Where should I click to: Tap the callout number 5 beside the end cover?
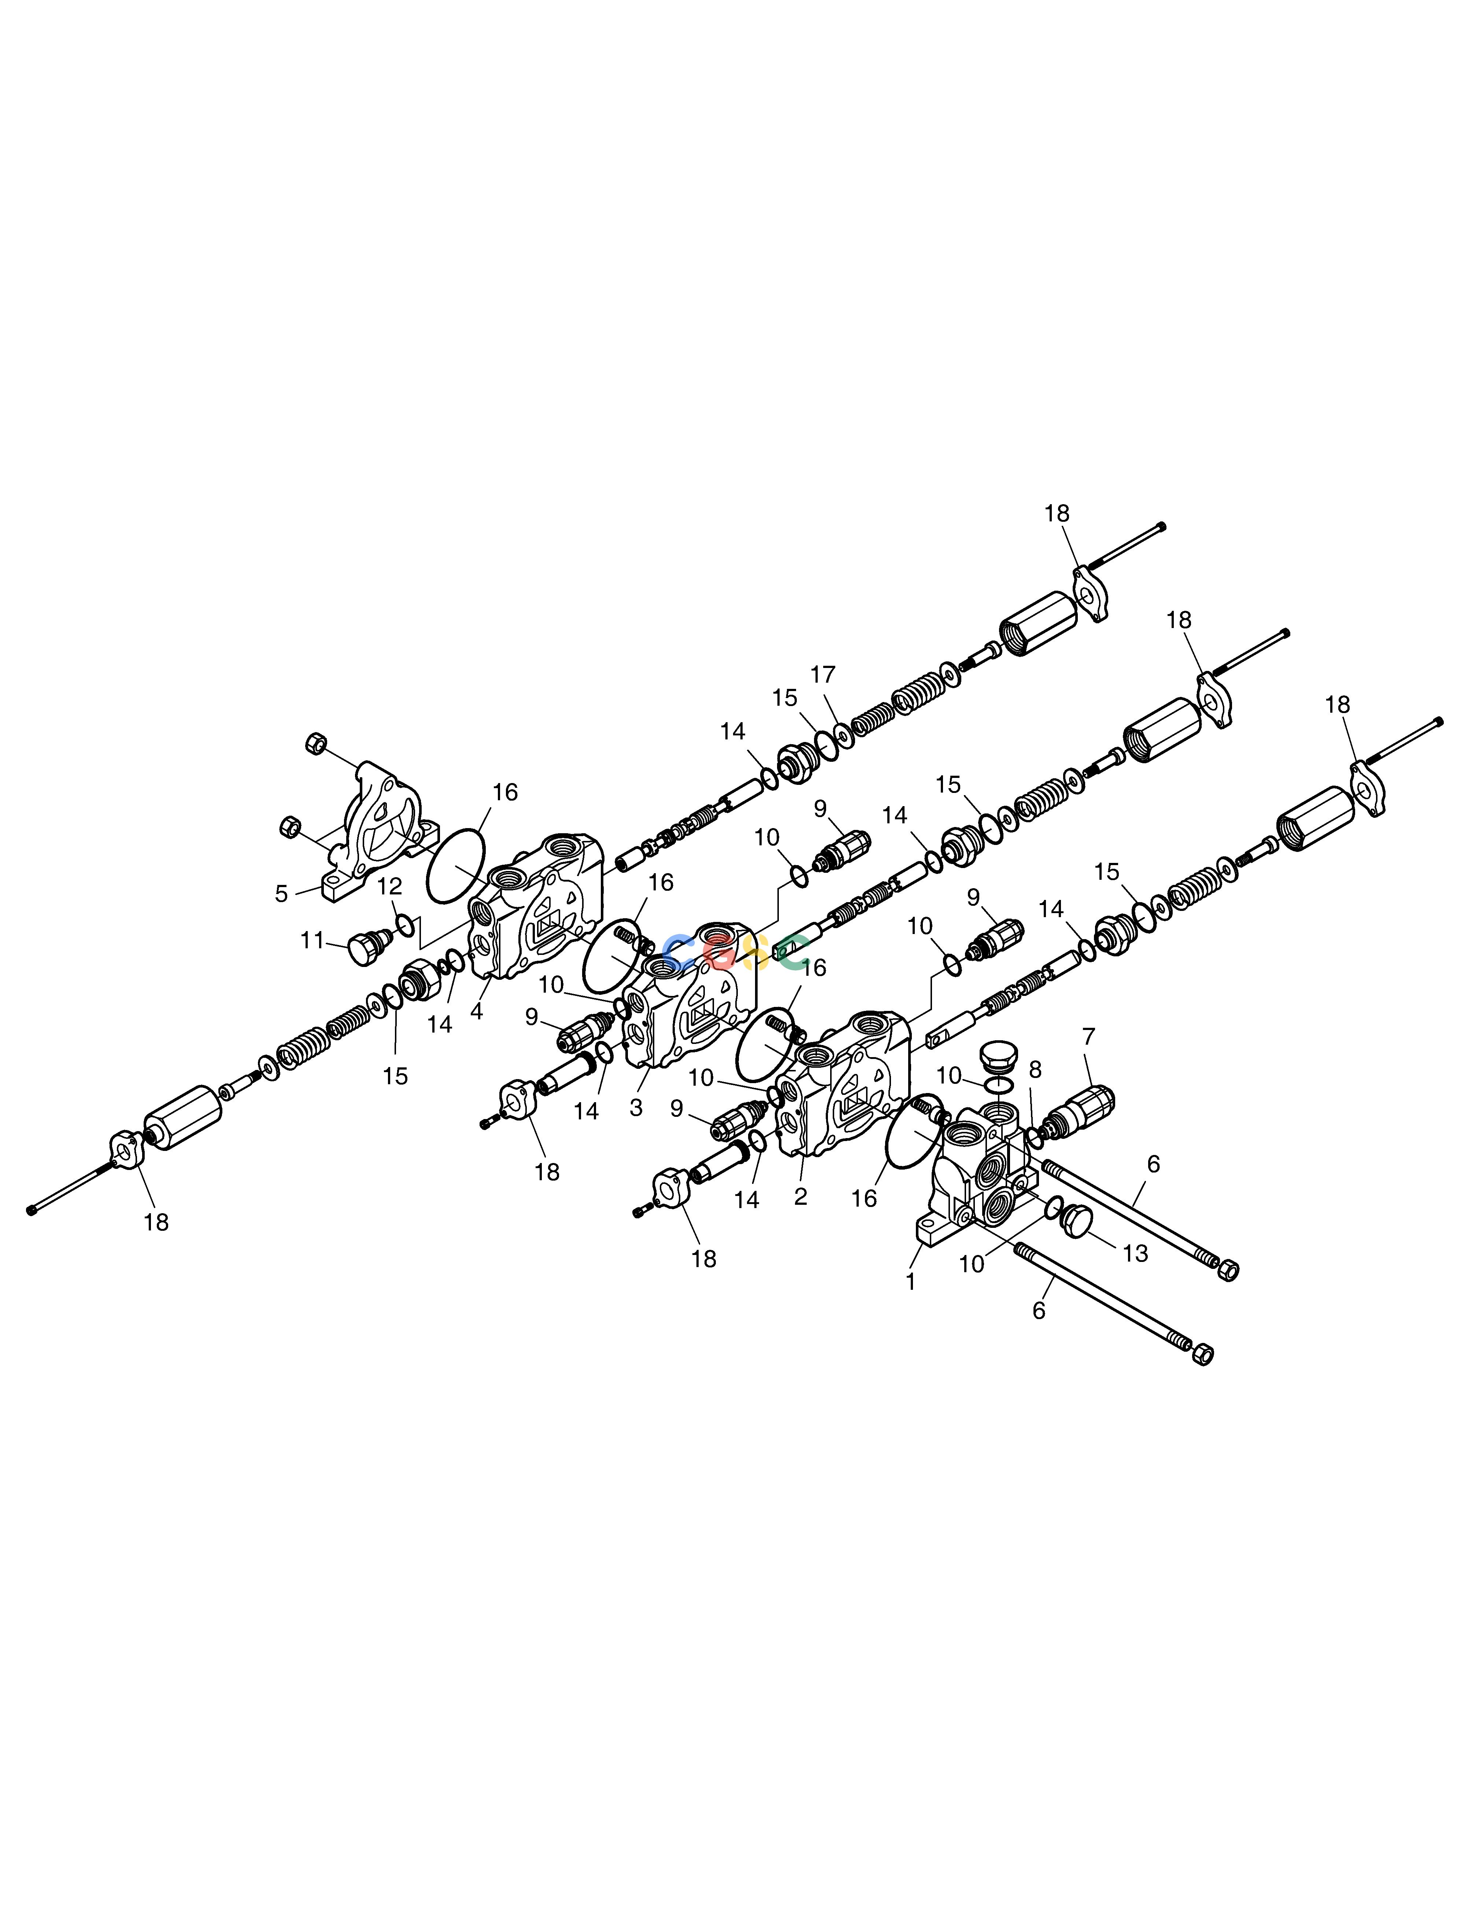point(281,894)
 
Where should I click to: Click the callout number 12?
point(390,886)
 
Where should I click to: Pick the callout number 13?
point(1135,1254)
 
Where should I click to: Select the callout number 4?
point(476,1012)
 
